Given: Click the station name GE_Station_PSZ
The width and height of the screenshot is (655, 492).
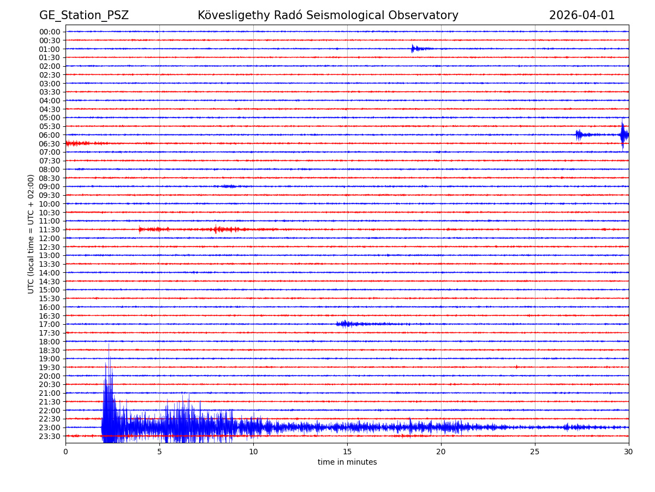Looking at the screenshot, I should (84, 16).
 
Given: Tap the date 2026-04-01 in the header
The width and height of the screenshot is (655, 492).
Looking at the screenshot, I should (582, 16).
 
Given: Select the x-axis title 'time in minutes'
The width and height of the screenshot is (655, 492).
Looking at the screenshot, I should (347, 462).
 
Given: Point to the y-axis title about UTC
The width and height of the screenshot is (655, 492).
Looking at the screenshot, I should (31, 234).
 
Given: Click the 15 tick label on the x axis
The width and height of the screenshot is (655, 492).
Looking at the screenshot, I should (347, 452).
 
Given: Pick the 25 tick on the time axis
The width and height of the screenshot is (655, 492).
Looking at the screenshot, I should (535, 452).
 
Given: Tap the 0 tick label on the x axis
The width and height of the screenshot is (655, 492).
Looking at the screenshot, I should (65, 452).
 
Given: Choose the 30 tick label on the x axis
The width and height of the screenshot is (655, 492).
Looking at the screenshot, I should (629, 452).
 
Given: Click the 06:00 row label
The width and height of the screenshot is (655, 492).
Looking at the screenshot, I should (50, 135).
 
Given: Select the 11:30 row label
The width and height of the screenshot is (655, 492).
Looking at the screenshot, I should (50, 230).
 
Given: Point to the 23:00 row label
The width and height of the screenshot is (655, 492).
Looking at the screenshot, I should (50, 427).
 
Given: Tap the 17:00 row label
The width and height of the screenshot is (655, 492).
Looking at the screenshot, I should (50, 324).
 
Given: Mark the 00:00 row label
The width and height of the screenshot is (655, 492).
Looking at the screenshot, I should (50, 32).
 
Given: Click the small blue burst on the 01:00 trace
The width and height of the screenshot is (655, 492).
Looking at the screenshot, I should (413, 49).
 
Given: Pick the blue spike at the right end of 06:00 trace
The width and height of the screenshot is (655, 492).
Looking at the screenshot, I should (623, 134).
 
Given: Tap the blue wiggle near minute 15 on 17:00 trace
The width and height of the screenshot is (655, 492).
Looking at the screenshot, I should (344, 324).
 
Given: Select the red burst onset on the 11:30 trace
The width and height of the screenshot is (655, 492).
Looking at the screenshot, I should (140, 229).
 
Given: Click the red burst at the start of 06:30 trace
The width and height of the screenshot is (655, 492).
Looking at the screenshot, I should (74, 143).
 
